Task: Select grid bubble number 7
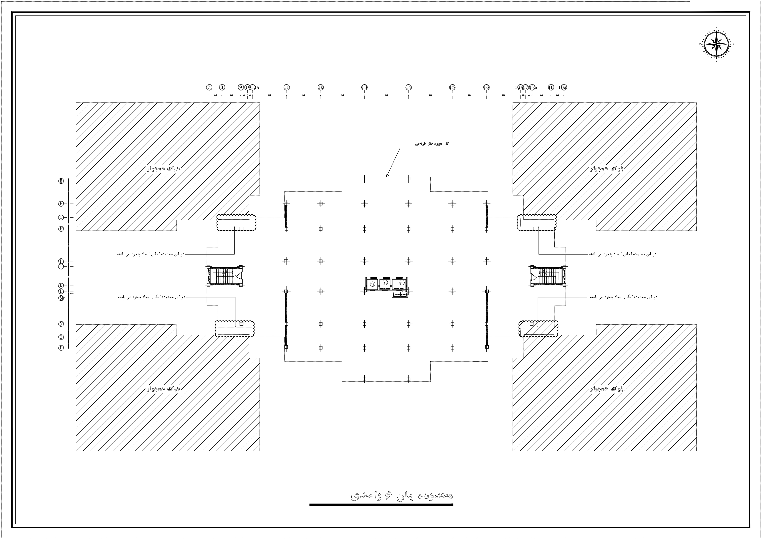(x=209, y=87)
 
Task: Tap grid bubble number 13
(x=364, y=87)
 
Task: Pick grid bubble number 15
(x=452, y=87)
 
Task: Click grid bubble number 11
(x=286, y=87)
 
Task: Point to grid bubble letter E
(x=61, y=181)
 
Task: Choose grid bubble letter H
(x=61, y=229)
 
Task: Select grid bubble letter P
(x=61, y=348)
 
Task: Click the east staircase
(x=548, y=276)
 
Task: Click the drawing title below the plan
(x=402, y=495)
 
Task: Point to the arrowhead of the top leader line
(x=387, y=176)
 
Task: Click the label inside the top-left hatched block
(x=163, y=168)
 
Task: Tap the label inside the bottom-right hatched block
(x=607, y=389)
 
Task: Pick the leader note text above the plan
(x=432, y=144)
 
